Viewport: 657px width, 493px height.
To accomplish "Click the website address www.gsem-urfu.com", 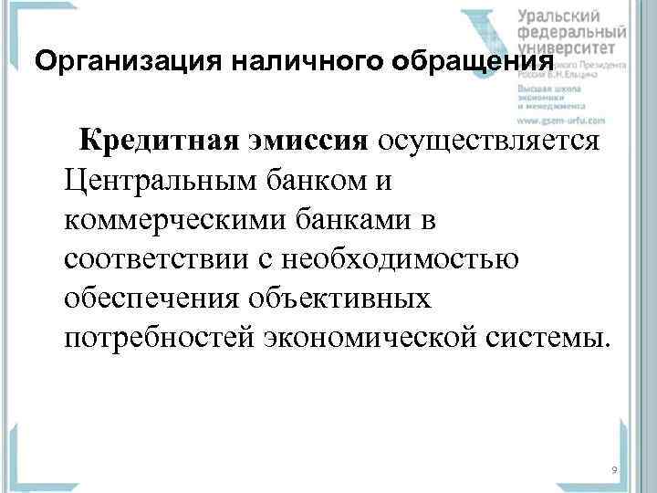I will pyautogui.click(x=561, y=120).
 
